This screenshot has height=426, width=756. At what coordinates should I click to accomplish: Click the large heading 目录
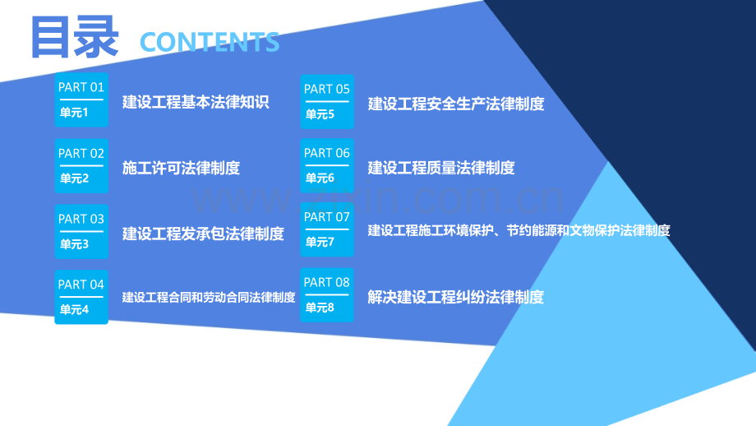[75, 37]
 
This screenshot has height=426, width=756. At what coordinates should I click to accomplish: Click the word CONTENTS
[210, 42]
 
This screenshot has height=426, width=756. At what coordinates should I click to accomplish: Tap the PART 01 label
[81, 87]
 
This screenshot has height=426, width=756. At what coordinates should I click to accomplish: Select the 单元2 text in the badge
[74, 178]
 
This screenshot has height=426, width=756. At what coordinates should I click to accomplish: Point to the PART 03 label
[81, 219]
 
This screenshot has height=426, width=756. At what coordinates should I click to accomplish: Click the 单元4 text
[74, 309]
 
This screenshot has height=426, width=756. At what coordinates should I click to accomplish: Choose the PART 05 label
[326, 90]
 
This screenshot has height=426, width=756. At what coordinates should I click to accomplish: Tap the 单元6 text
[320, 178]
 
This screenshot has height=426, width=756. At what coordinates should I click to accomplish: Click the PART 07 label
[326, 217]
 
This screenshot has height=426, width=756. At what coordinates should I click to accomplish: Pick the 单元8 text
[320, 308]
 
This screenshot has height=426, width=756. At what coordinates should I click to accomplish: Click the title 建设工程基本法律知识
[196, 102]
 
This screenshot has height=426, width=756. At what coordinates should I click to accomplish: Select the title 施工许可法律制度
[181, 168]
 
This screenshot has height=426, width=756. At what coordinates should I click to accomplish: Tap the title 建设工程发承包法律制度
[203, 234]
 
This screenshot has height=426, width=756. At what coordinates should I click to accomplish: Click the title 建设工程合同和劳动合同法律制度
[208, 297]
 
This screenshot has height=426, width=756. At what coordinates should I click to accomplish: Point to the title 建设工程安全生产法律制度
[456, 104]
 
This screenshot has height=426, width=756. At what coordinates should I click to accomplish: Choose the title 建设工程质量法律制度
[441, 168]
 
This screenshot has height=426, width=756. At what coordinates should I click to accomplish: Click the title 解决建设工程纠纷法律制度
[455, 297]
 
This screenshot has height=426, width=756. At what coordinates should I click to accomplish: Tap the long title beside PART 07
[519, 230]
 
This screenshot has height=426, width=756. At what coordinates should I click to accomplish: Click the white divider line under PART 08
[327, 294]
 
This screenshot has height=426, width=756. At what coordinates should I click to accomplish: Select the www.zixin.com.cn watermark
[378, 199]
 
